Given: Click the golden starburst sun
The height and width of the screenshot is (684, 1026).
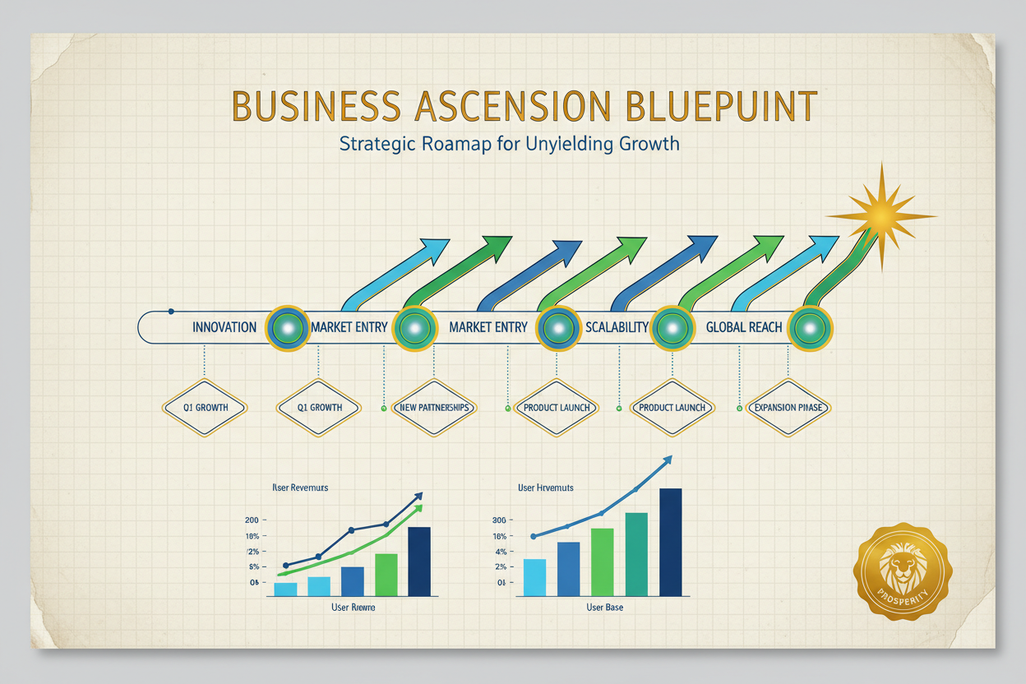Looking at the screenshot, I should coord(880,216).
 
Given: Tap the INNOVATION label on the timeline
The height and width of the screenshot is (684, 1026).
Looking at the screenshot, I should coord(224,327).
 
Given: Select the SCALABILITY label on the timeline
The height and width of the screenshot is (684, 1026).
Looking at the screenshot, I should coord(617,327).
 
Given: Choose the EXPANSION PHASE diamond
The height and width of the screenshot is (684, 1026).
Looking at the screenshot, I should coord(788,408).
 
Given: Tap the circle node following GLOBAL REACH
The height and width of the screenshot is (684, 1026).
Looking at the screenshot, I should coord(811,327).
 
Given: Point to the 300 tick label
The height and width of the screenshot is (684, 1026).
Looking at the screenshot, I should coord(498,520).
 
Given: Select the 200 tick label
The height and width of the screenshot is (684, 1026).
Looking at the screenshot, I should coord(252,520).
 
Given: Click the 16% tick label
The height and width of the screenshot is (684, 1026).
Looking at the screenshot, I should coord(498,536).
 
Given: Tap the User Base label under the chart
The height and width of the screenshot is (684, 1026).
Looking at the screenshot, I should coord(604,608).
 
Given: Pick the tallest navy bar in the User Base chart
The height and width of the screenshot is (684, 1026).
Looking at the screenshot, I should coord(670,542).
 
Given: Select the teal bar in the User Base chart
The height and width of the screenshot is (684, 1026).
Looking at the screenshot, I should coord(636,553).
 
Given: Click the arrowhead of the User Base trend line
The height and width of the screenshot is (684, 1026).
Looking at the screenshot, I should coord(668,460).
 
